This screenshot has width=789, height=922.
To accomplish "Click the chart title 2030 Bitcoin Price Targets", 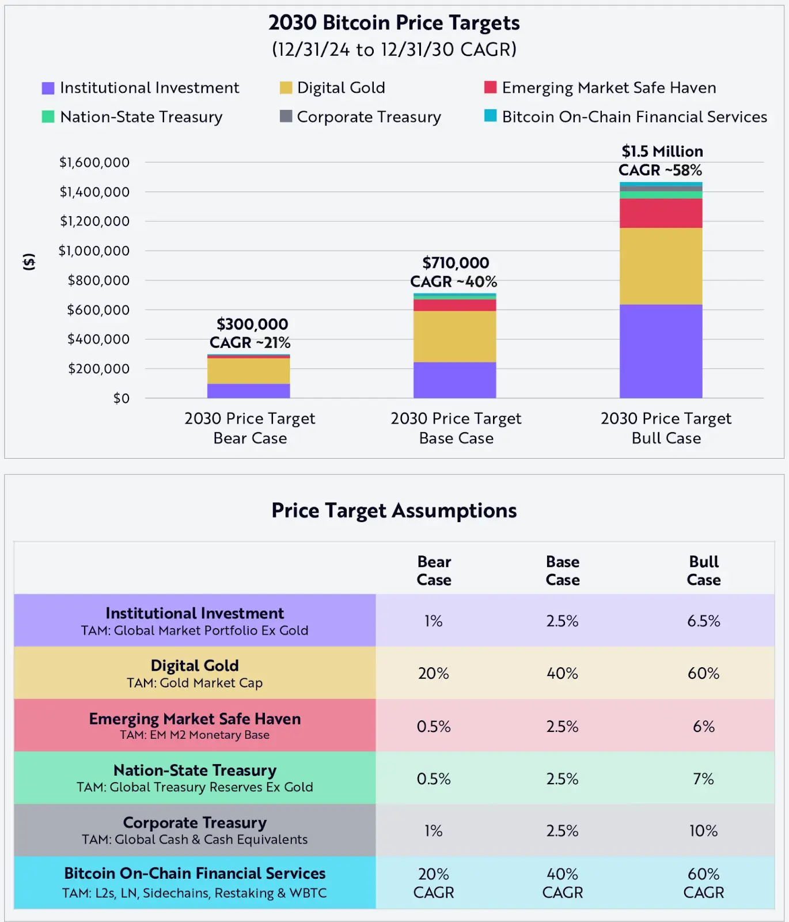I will coord(394,23).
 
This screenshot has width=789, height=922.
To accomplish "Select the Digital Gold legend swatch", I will coord(286,88).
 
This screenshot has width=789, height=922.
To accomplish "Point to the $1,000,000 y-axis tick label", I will coord(94,251).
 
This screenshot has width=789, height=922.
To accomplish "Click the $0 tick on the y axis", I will coord(122,398).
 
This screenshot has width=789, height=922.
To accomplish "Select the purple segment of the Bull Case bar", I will coord(661,352).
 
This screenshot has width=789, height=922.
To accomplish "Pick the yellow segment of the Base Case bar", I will coord(454,337).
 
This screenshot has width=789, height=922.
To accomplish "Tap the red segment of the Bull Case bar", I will coord(661,213).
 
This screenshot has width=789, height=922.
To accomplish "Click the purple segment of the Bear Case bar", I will coord(248,391).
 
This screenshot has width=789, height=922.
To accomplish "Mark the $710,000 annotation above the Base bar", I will coord(456,263).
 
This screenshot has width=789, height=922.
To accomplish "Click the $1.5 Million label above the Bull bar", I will coord(662,152).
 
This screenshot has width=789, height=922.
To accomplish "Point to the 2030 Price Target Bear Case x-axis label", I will coord(249,428).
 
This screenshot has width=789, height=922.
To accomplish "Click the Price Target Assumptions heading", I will coord(394,511).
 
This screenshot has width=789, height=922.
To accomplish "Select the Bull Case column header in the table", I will coord(703,570).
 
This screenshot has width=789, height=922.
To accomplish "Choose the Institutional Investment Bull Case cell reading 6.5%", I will coord(703,621).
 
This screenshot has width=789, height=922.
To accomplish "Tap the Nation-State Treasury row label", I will coord(195,777).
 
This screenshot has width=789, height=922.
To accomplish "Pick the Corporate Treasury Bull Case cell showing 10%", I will coord(703,831).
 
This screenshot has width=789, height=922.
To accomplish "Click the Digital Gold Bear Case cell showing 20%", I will coord(433,673).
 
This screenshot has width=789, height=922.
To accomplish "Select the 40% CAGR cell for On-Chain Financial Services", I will coord(562,883).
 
